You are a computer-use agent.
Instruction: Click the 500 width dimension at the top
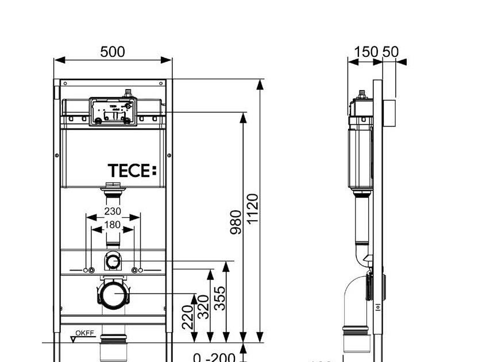tap(113, 52)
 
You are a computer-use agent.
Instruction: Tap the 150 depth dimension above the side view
tap(366, 52)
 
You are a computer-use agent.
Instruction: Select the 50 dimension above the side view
tap(390, 52)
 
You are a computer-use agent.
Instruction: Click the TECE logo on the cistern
tap(132, 171)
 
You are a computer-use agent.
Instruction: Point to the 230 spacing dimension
tap(113, 211)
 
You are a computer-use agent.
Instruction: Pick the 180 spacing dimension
tap(113, 225)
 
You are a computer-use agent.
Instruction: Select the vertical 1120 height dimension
tap(253, 210)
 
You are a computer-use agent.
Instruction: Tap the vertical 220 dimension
tap(188, 317)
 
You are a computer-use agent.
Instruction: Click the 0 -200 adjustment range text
tap(214, 358)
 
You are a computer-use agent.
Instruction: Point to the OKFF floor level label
tap(85, 333)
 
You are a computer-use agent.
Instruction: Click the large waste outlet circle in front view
tap(113, 294)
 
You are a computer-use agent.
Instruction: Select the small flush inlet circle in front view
tap(113, 262)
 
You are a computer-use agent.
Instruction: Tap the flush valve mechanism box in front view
tap(113, 111)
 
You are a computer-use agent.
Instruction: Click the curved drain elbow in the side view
tap(355, 299)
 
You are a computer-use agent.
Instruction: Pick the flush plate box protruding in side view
tap(390, 113)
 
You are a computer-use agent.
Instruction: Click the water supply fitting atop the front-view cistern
tap(129, 93)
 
